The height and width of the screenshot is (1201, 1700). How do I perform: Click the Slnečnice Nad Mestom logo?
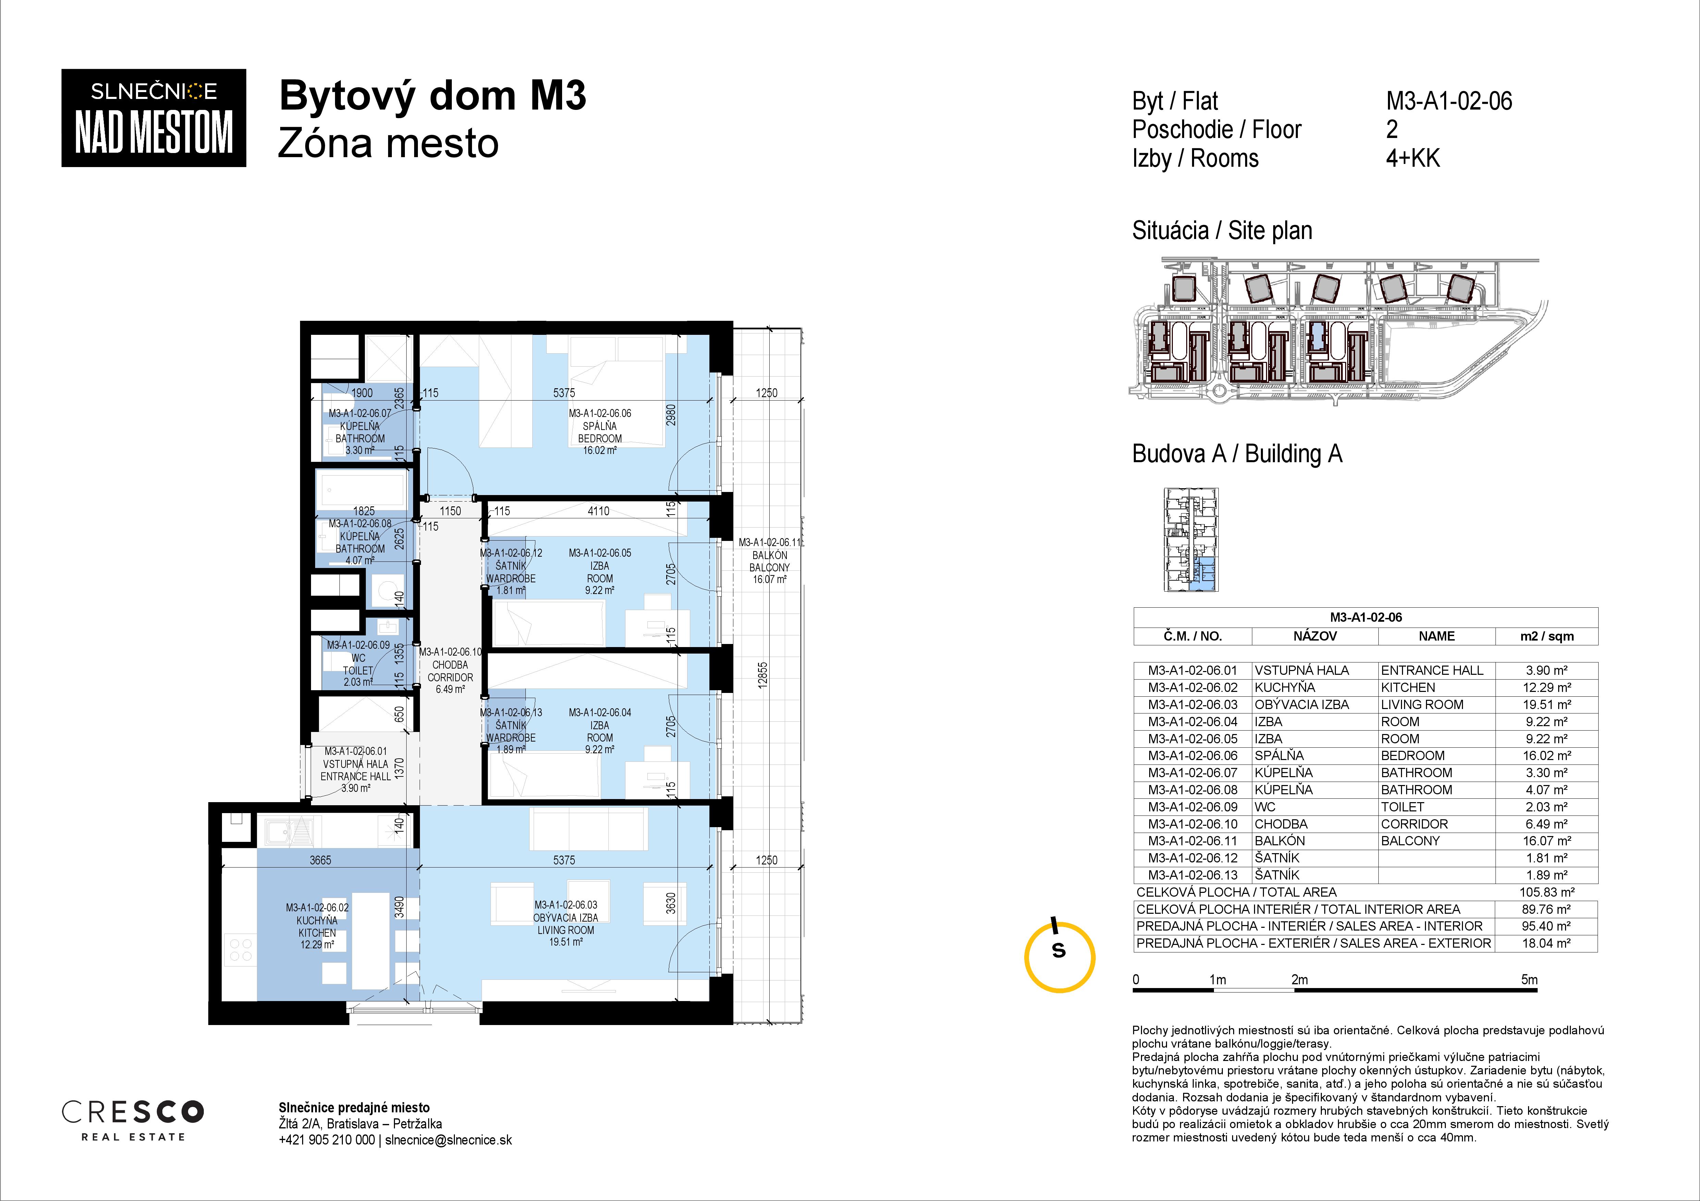pos(153,118)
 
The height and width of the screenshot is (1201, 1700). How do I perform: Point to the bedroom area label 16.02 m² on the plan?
pos(600,450)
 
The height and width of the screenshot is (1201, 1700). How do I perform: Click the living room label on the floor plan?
pos(566,923)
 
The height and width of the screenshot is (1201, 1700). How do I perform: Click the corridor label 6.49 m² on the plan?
pos(450,689)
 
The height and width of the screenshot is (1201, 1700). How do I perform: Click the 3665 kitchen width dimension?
pos(321,860)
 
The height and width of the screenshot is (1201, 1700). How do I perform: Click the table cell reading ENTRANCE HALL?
pos(1432,670)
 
